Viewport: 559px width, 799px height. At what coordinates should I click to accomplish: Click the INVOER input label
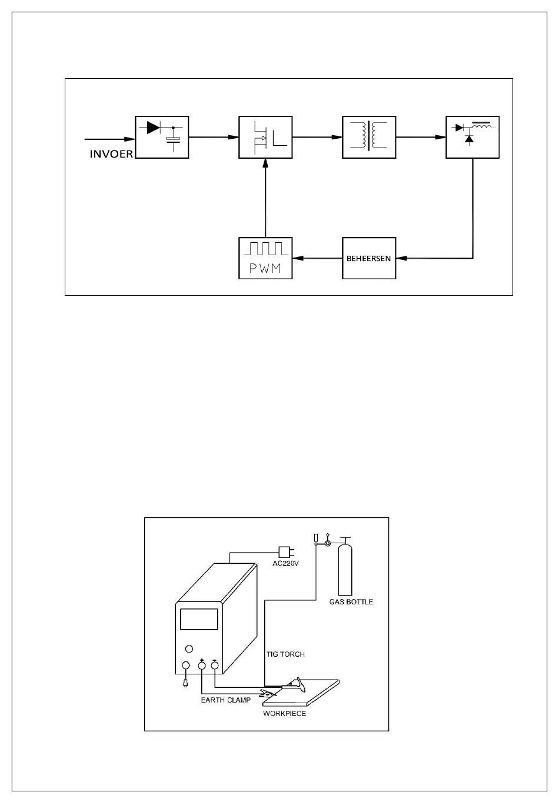pos(111,153)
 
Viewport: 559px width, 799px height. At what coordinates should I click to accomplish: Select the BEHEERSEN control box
pos(369,258)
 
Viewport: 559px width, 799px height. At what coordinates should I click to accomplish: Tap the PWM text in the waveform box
pos(265,268)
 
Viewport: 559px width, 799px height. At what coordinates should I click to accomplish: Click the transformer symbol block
pos(369,137)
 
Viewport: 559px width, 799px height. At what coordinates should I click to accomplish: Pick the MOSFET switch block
pos(265,137)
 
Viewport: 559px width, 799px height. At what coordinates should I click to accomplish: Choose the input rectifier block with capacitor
pos(162,137)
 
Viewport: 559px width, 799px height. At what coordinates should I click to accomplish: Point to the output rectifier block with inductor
pos(473,137)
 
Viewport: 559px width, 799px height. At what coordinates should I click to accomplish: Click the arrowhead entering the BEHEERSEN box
pos(401,258)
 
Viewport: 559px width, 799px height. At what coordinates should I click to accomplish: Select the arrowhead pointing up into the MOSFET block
pos(265,163)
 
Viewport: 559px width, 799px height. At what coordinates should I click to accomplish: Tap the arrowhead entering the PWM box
pos(298,258)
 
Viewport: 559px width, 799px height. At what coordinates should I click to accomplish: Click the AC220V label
pos(285,564)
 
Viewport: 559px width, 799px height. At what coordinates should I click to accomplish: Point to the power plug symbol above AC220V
pos(286,552)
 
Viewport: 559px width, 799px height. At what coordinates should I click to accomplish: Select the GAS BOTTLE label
pos(351,601)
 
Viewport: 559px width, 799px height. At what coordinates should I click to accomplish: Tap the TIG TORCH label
pos(285,654)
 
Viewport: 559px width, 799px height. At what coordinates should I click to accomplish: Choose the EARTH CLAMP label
pos(225,700)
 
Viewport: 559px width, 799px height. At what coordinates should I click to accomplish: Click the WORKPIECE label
pos(284,713)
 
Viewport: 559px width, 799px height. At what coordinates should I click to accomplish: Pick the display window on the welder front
pos(199,619)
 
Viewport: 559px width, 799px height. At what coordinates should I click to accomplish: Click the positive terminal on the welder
pos(202,665)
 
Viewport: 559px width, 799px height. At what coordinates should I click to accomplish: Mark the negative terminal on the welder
pos(215,665)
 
